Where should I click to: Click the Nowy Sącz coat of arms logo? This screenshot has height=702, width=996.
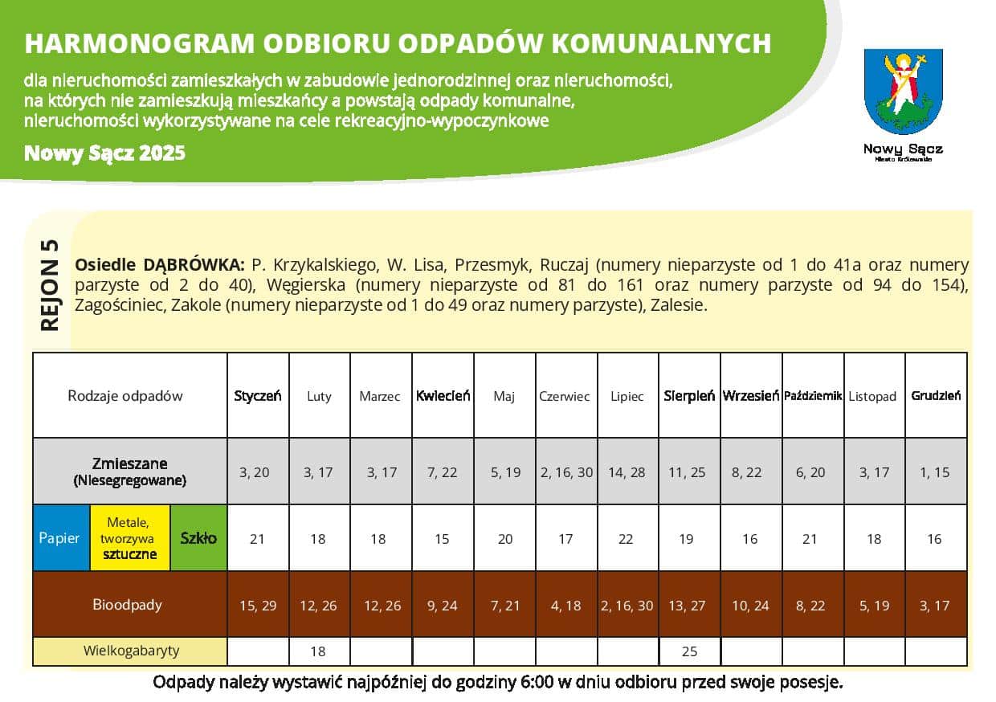903,92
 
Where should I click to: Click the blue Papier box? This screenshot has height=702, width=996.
59,538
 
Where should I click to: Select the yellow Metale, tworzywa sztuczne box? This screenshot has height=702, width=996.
129,538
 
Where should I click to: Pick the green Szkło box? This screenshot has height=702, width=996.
198,538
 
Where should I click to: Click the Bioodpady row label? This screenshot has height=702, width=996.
127,605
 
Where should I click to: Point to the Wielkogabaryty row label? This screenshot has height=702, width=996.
131,651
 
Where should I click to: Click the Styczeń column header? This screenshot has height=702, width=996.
258,396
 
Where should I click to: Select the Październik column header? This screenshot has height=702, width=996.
812,396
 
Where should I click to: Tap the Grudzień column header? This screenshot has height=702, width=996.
936,396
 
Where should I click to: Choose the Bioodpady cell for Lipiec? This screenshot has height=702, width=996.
627,606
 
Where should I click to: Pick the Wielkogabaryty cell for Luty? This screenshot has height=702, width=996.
319,651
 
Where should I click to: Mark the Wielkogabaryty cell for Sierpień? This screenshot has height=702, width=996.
689,651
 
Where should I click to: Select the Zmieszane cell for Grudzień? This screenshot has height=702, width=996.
934,472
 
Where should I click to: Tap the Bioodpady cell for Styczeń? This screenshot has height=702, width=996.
258,606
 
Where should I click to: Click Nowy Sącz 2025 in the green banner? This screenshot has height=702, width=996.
104,153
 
